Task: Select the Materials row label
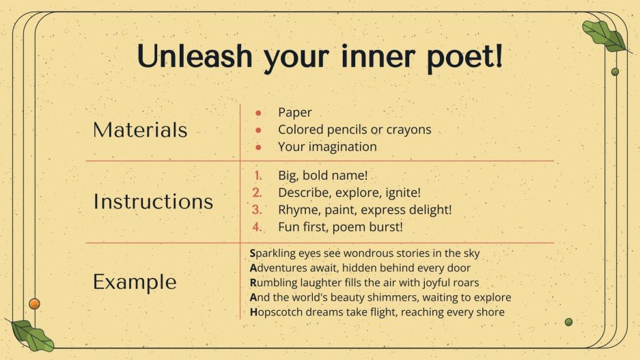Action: pyautogui.click(x=140, y=130)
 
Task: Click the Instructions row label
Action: pyautogui.click(x=153, y=202)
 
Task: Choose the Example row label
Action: pyautogui.click(x=135, y=281)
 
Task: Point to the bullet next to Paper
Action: pyautogui.click(x=258, y=113)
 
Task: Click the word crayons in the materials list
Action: pyautogui.click(x=409, y=130)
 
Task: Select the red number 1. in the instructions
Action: pyautogui.click(x=258, y=176)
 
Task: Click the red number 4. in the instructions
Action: pyautogui.click(x=258, y=226)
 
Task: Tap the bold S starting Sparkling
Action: pyautogui.click(x=253, y=253)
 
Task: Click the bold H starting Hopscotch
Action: pyautogui.click(x=253, y=312)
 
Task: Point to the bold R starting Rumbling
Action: pyautogui.click(x=253, y=283)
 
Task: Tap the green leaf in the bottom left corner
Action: pyautogui.click(x=31, y=334)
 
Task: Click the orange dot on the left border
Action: pyautogui.click(x=34, y=303)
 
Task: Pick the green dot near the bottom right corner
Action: pyautogui.click(x=568, y=322)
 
